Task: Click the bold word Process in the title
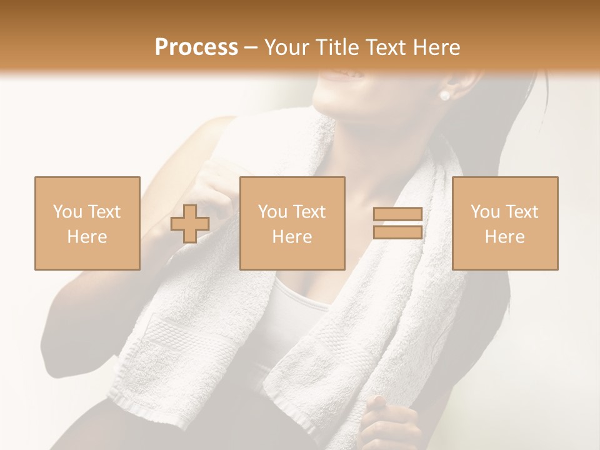(x=196, y=47)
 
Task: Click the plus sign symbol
(x=190, y=224)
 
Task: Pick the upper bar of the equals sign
(x=397, y=214)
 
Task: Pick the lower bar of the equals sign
(x=397, y=232)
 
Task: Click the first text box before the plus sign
(x=87, y=223)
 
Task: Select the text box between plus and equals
(x=292, y=223)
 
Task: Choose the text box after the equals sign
(x=505, y=223)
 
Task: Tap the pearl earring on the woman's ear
(x=444, y=96)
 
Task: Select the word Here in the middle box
(x=292, y=237)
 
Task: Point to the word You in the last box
(x=485, y=212)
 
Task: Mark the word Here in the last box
(x=505, y=237)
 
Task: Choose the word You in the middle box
(x=272, y=212)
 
